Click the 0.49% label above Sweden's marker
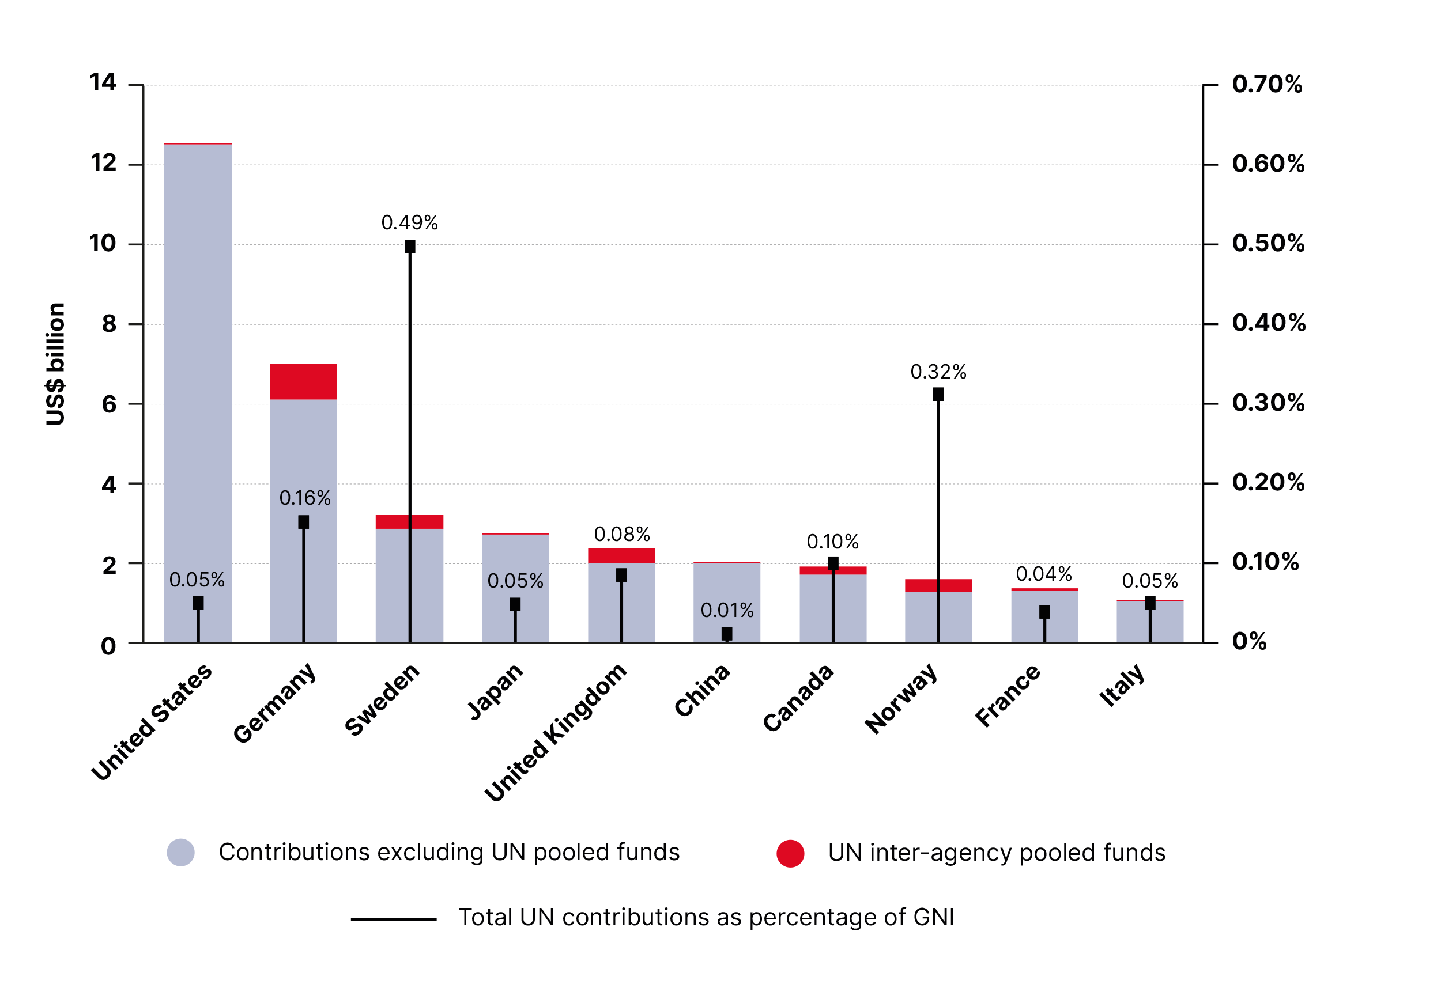coord(409,222)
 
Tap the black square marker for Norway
coord(938,394)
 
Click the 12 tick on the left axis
coord(104,164)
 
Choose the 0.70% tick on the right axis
coord(1267,84)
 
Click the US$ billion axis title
coord(55,364)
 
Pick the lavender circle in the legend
coord(180,852)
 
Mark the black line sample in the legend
coord(393,919)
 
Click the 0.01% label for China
coord(727,610)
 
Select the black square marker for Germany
coord(304,522)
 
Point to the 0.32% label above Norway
coord(938,372)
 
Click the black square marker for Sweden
coord(410,247)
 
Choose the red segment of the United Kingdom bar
coord(621,555)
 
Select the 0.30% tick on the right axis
coord(1268,403)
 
